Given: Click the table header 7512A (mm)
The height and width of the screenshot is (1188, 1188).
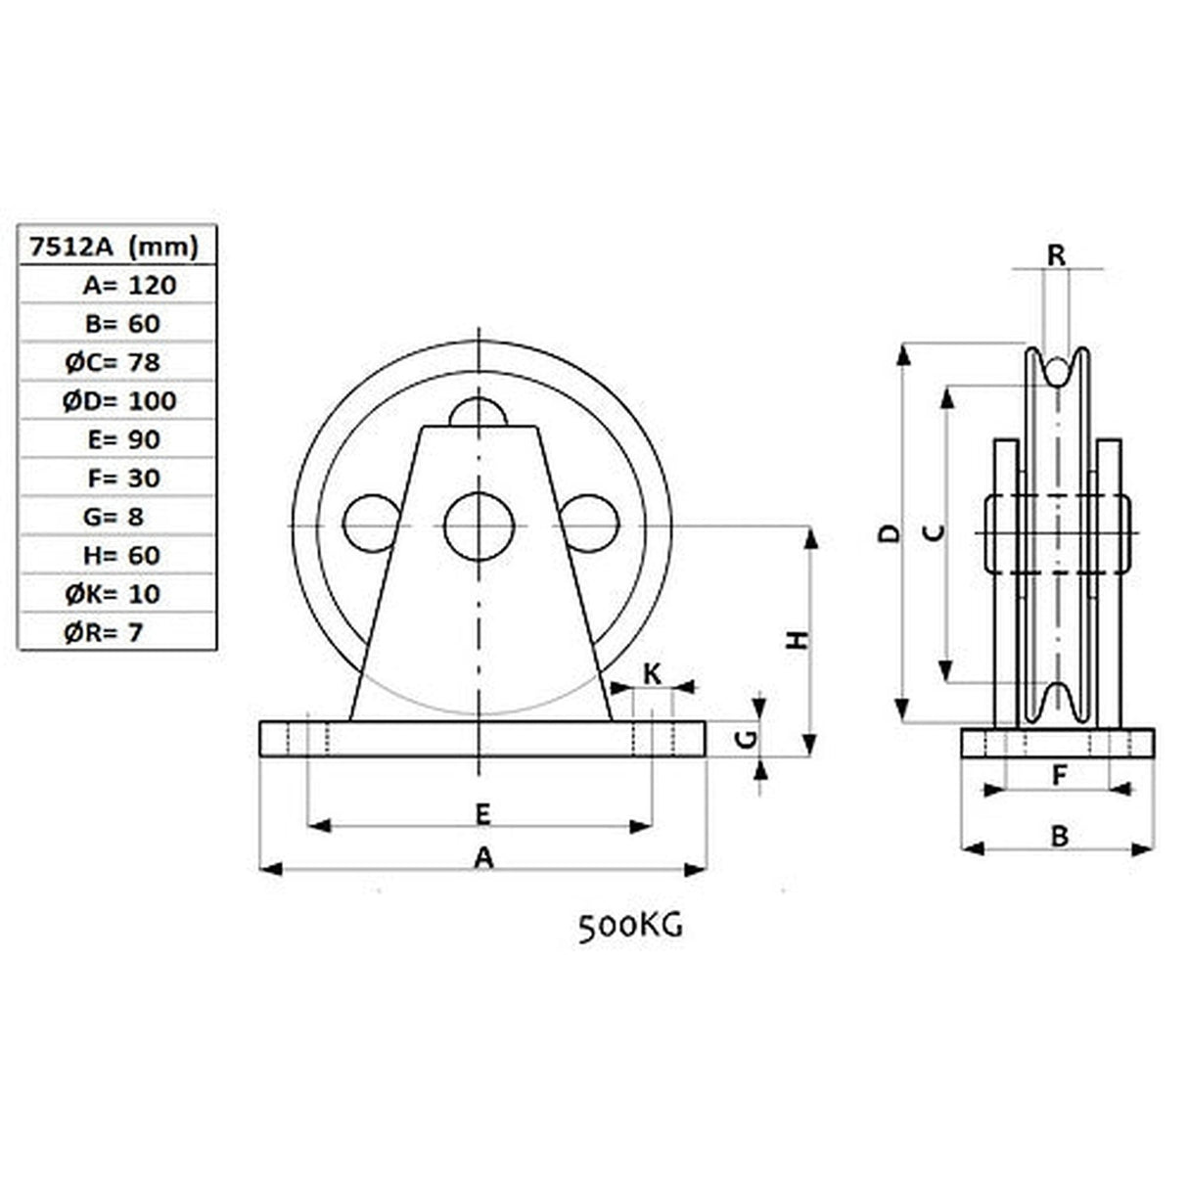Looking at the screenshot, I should pyautogui.click(x=115, y=247).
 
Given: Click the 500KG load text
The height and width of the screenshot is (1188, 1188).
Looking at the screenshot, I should pyautogui.click(x=630, y=926).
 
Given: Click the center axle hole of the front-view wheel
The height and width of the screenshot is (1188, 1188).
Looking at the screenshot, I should pyautogui.click(x=479, y=526).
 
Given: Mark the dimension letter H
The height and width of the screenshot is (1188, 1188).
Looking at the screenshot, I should pyautogui.click(x=800, y=640).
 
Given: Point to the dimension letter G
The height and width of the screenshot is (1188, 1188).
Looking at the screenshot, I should pyautogui.click(x=746, y=739).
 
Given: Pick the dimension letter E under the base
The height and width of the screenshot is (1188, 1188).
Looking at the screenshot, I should pyautogui.click(x=481, y=812).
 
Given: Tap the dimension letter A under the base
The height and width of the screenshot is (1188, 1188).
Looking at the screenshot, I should pyautogui.click(x=483, y=858).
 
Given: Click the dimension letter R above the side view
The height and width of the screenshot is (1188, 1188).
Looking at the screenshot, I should pyautogui.click(x=1056, y=255).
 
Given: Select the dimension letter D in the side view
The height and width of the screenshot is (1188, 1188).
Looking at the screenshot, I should pyautogui.click(x=888, y=533).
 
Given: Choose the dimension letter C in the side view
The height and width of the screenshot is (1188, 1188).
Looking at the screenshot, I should pyautogui.click(x=935, y=533).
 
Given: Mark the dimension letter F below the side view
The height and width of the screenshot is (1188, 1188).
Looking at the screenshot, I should pyautogui.click(x=1058, y=775).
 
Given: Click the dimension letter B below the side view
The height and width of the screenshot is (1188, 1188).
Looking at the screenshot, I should pyautogui.click(x=1059, y=836).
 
